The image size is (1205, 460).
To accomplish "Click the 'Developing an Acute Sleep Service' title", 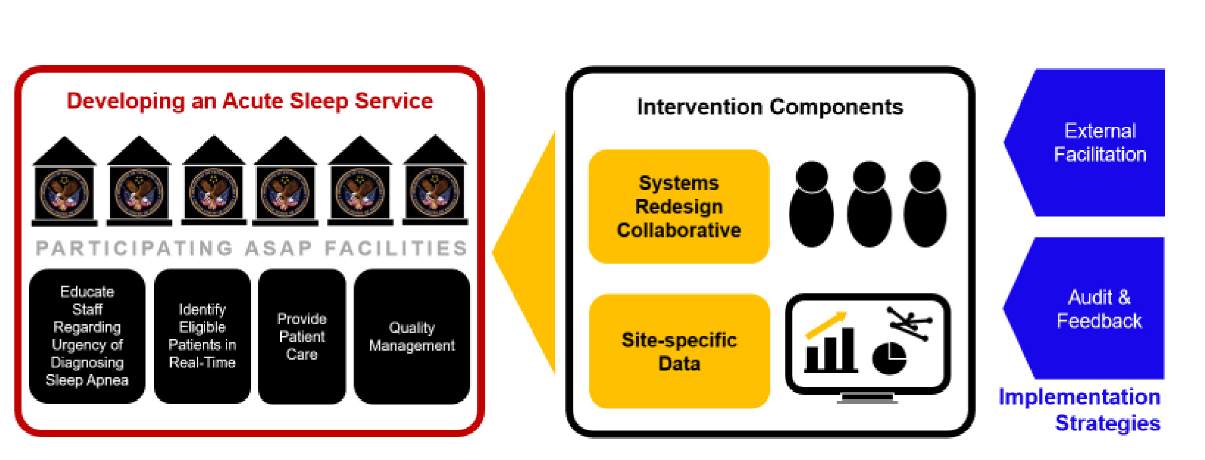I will [249, 101].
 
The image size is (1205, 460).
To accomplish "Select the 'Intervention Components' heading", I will [770, 107].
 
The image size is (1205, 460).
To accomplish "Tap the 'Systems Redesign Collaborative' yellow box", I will [679, 206].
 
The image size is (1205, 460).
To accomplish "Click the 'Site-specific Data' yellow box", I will [679, 351].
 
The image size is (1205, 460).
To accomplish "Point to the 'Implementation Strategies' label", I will [1080, 409].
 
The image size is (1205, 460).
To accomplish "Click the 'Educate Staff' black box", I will [87, 336].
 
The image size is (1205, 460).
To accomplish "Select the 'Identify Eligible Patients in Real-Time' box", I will [202, 336].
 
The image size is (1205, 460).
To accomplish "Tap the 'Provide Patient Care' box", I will [302, 336].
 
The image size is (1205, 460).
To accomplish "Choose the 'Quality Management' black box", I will [412, 336].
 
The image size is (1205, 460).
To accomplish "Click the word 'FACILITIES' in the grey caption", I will [396, 248].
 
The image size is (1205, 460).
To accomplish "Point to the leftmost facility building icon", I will [64, 182].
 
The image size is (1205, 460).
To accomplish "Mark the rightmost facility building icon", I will [435, 181].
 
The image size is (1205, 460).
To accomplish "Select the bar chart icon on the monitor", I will [830, 351].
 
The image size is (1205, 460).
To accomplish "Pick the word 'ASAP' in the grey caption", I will [279, 248].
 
